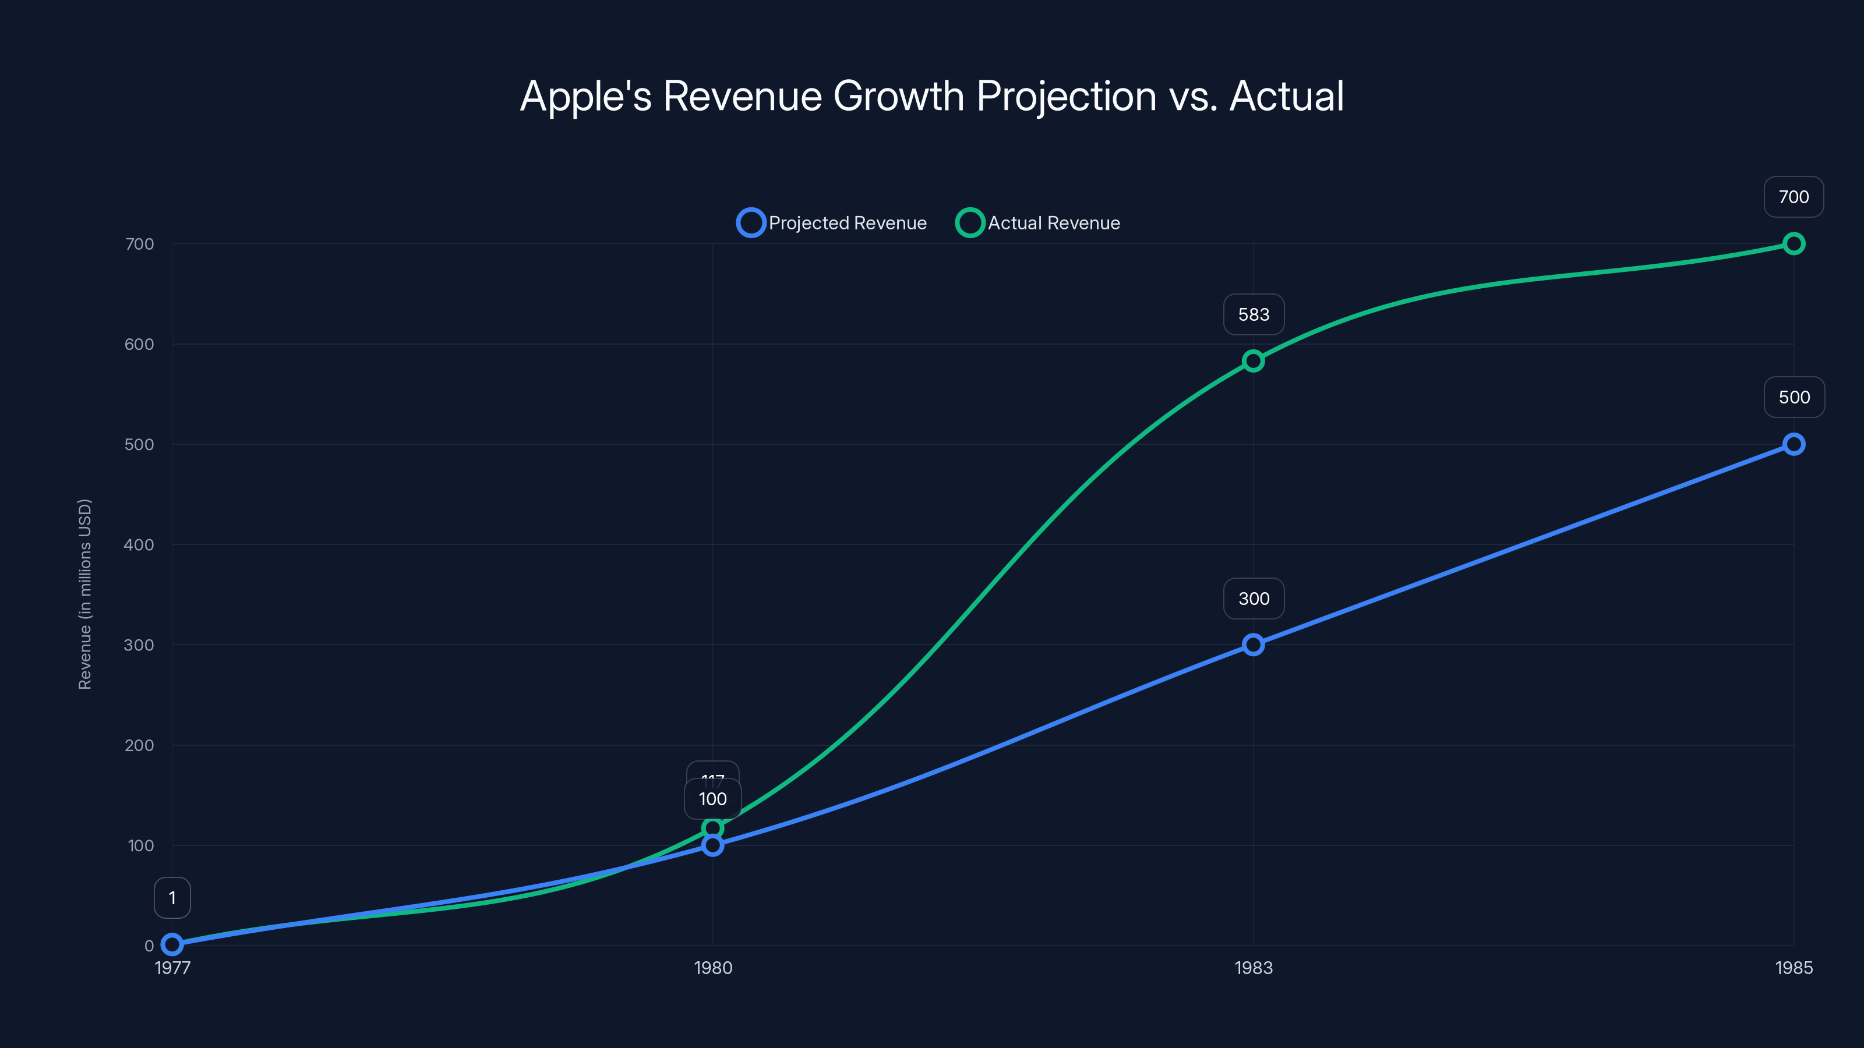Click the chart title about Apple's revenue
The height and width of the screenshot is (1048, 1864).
(932, 96)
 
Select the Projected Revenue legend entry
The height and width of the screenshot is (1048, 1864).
(832, 223)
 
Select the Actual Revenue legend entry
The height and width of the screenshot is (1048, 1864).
(1039, 223)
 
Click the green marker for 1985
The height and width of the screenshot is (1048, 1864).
(1793, 244)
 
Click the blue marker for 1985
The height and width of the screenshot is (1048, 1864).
(1793, 444)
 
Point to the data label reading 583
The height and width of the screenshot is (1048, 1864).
(1254, 314)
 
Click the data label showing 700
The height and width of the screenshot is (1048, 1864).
(1793, 197)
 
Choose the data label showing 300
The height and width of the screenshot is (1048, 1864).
(1254, 599)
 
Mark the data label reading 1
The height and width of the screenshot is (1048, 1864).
(172, 898)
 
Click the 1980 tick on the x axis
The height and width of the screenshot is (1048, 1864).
(713, 968)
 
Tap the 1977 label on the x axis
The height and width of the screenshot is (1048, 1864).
(172, 968)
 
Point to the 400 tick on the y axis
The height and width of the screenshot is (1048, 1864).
(139, 544)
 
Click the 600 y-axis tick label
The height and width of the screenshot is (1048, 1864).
(139, 344)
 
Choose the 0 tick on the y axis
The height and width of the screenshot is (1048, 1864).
(149, 946)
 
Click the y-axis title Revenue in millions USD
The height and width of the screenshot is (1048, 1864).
(84, 594)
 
